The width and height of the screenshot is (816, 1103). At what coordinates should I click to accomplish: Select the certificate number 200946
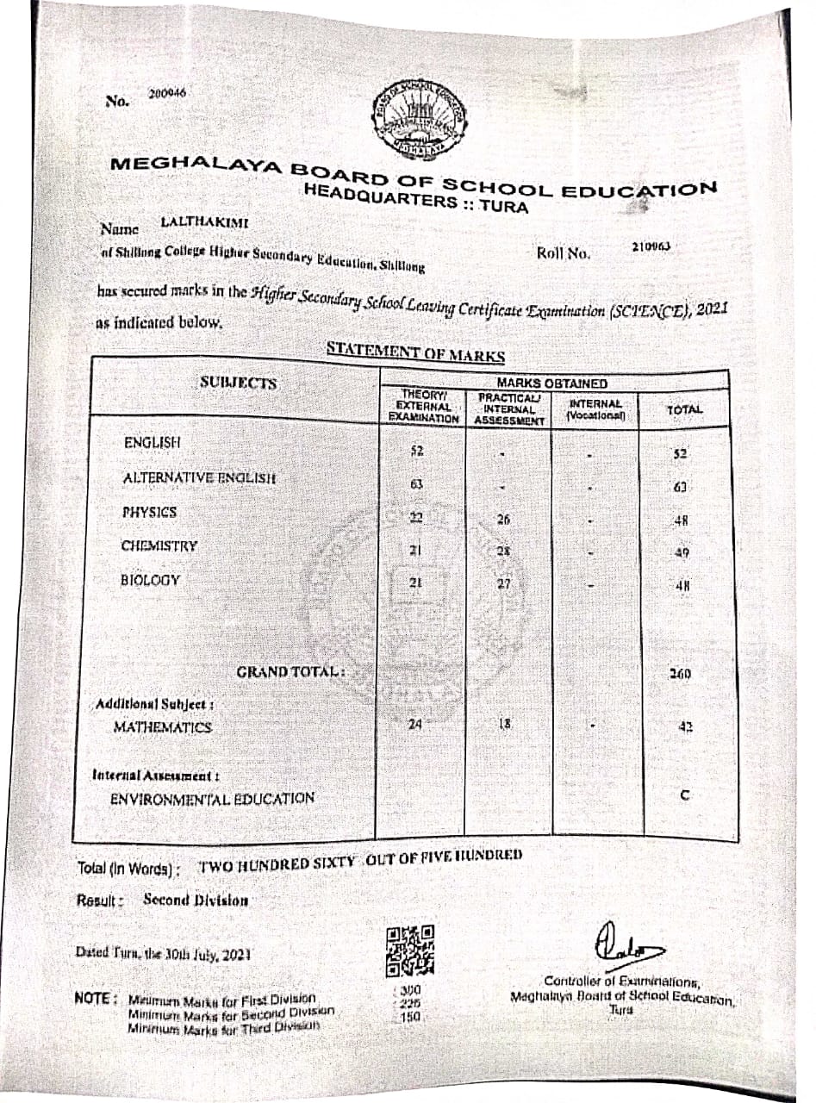point(162,92)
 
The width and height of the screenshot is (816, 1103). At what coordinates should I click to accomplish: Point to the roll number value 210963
point(651,246)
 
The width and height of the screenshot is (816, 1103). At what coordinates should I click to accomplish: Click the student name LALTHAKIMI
point(204,222)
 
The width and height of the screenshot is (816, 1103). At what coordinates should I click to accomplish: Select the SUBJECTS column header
point(239,383)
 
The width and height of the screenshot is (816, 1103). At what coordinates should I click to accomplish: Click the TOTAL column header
point(685,411)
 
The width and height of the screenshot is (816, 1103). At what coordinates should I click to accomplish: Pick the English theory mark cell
point(417,451)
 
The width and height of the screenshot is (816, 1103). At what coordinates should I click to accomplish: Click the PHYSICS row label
point(150,512)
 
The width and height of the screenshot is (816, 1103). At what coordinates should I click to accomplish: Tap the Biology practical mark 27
point(506,583)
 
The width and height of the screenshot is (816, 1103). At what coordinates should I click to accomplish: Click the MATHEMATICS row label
point(163,727)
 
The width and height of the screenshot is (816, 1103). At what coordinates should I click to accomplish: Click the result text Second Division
point(196,900)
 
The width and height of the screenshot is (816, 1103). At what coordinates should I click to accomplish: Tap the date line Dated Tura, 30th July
point(163,954)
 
